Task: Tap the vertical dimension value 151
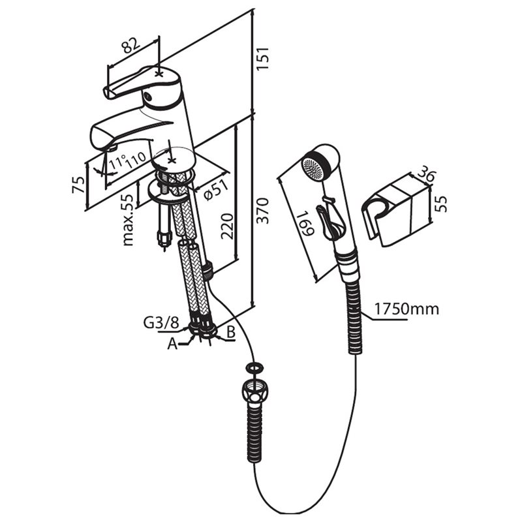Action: (x=262, y=58)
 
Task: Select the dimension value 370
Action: (x=263, y=211)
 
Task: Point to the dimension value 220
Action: (x=227, y=226)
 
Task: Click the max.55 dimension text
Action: (x=128, y=220)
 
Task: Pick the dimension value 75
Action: (x=78, y=185)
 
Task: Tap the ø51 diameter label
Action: (x=216, y=190)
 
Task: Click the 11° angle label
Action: (x=118, y=163)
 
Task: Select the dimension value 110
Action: (x=135, y=160)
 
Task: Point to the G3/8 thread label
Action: (x=161, y=322)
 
